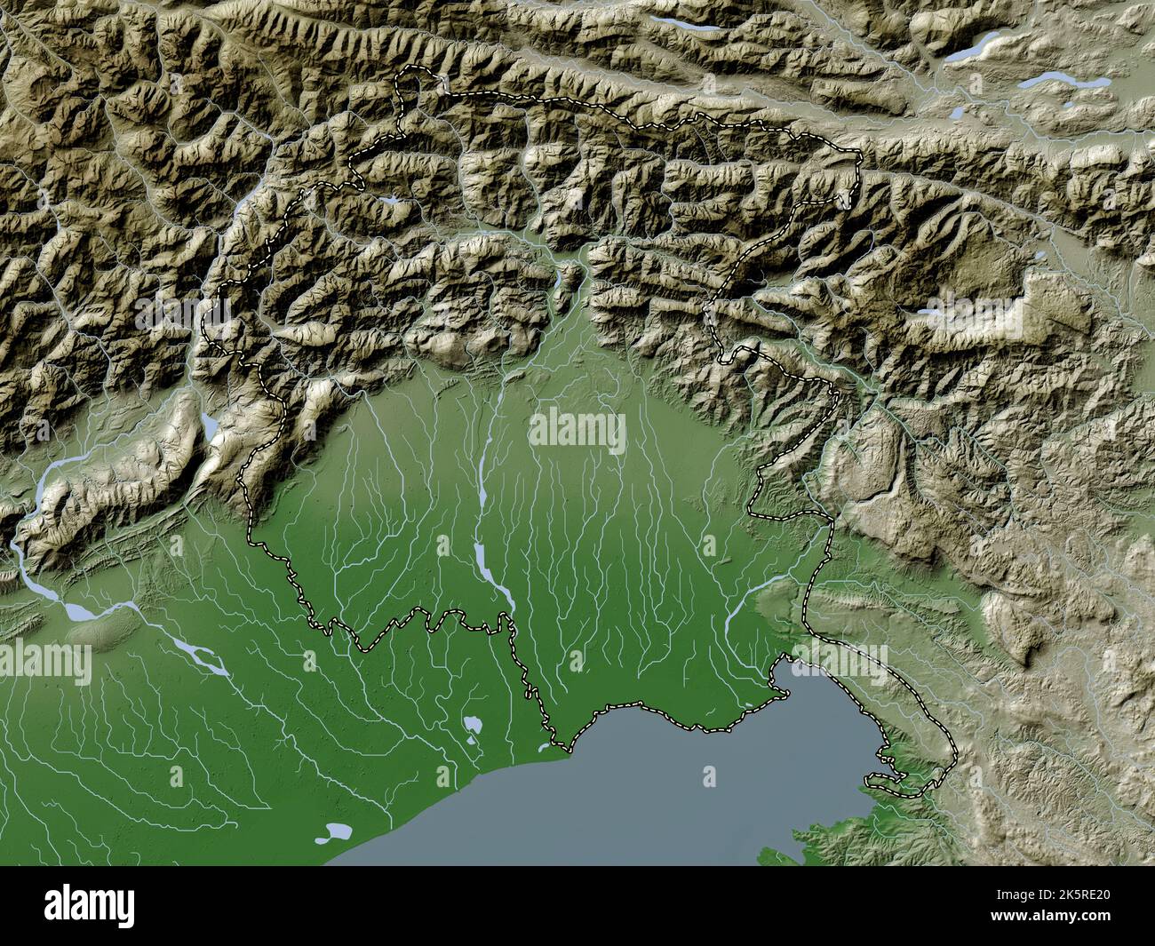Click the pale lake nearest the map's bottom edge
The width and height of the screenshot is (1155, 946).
[338, 832]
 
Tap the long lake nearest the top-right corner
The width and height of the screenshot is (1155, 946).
[1062, 82]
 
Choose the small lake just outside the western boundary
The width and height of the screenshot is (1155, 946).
[210, 427]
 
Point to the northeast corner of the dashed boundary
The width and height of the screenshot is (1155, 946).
[859, 157]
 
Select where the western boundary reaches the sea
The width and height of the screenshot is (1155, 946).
[558, 744]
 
